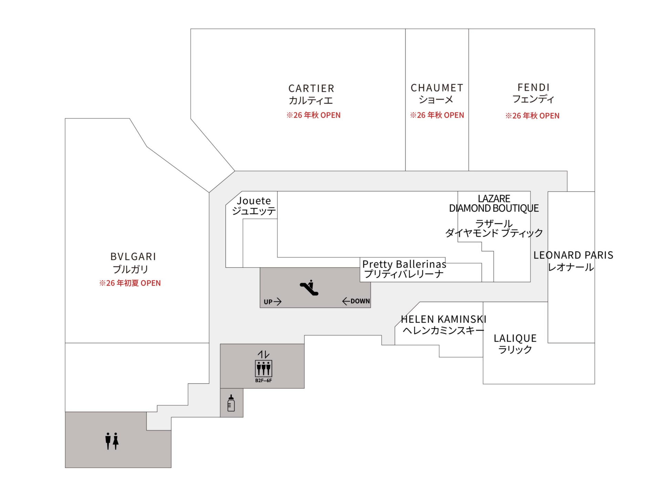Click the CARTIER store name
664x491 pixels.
tap(311, 89)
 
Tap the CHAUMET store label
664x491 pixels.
tap(437, 88)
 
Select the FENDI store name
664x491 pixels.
tap(533, 87)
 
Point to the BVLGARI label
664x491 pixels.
tap(133, 257)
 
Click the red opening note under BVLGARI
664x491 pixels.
tap(130, 283)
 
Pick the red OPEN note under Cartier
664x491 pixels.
tap(313, 115)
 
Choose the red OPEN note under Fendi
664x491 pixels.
tap(532, 116)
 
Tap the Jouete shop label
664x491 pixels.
tap(254, 201)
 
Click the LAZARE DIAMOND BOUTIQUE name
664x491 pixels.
tap(494, 203)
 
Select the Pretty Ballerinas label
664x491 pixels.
tap(404, 264)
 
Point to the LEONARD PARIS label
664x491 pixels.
tap(573, 255)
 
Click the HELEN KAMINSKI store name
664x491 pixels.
tap(444, 320)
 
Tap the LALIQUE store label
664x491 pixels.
tap(515, 339)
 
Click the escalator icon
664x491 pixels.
tap(309, 288)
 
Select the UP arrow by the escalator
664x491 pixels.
tap(273, 302)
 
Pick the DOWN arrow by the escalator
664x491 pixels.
tap(356, 301)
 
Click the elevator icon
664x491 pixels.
tap(263, 368)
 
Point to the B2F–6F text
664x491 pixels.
tap(263, 381)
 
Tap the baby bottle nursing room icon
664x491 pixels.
tap(231, 403)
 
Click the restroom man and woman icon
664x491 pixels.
tap(112, 441)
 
